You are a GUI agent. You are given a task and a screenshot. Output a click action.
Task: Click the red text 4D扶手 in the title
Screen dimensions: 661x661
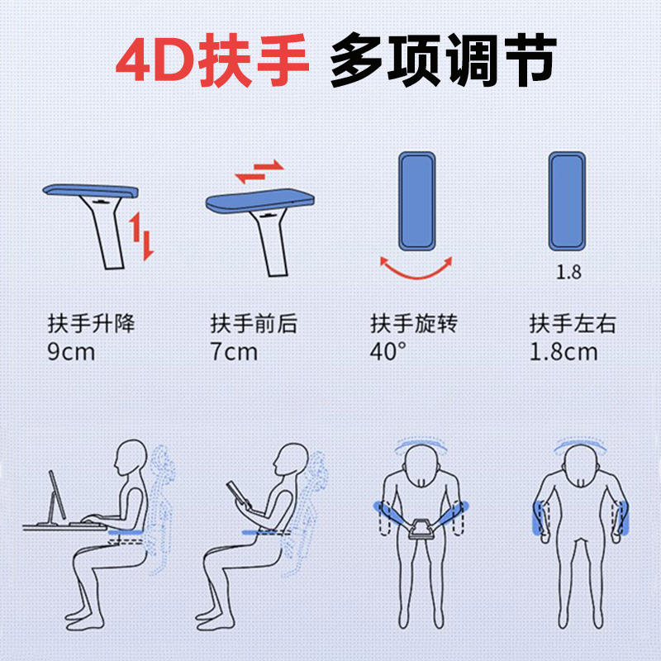click(x=212, y=59)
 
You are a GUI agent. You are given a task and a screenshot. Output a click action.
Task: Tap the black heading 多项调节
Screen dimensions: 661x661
click(x=443, y=59)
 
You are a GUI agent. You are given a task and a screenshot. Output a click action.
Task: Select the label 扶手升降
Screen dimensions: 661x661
click(x=92, y=323)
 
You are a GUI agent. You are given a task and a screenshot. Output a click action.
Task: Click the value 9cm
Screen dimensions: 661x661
click(x=71, y=352)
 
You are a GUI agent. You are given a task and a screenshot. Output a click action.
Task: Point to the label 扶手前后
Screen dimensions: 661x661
click(x=254, y=323)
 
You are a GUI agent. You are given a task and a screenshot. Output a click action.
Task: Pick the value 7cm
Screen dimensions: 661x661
click(x=234, y=352)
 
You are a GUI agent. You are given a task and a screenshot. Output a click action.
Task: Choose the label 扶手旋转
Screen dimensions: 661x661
click(x=414, y=323)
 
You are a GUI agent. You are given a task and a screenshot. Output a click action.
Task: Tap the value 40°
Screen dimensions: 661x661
click(x=388, y=351)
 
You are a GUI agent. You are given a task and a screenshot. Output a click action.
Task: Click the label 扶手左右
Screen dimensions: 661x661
click(x=573, y=323)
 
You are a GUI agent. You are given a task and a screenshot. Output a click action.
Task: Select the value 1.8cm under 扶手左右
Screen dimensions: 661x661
click(x=564, y=352)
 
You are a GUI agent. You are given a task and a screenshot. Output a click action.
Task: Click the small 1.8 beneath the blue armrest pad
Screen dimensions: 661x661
click(x=568, y=272)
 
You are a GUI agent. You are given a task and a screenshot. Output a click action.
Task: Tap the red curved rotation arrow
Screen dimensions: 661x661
click(x=416, y=275)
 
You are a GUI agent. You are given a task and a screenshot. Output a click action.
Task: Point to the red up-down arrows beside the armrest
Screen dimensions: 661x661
click(x=141, y=236)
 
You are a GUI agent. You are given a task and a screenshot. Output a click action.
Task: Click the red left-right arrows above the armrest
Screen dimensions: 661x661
click(x=259, y=172)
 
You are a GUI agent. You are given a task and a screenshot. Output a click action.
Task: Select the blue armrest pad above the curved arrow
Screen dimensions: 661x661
click(x=417, y=201)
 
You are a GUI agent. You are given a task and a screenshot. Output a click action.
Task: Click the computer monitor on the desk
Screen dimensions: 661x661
click(x=57, y=496)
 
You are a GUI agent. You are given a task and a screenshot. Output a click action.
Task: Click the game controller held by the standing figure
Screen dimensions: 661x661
click(x=420, y=530)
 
